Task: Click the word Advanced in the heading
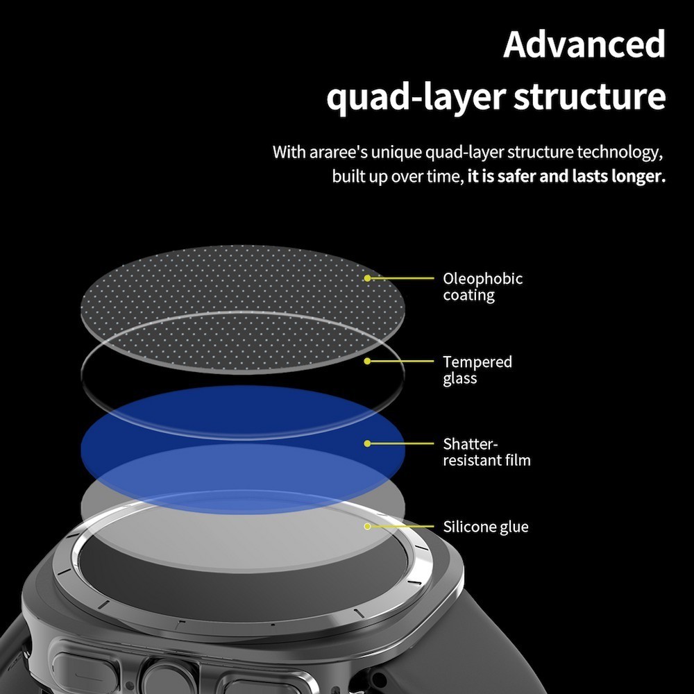[584, 44]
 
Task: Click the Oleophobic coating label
[483, 287]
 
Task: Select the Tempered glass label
[477, 370]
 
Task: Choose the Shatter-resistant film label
[487, 452]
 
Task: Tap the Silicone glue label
[486, 527]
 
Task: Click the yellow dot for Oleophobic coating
[367, 278]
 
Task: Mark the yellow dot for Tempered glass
[367, 361]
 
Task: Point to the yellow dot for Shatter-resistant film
[367, 443]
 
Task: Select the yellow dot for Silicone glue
[367, 526]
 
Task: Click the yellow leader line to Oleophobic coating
[401, 278]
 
